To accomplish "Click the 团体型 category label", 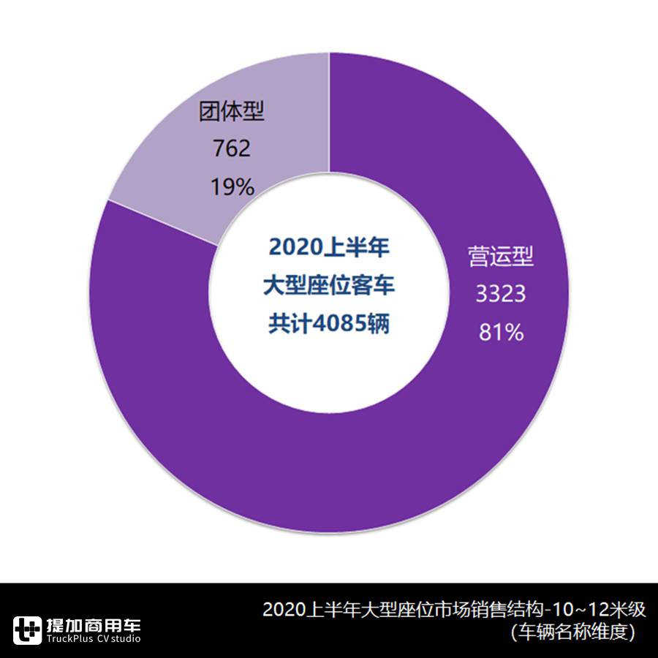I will click(232, 112).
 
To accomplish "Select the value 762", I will click(232, 149).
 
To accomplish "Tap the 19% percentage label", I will click(232, 187).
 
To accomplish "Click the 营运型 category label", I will click(501, 257).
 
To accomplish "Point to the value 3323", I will click(501, 294).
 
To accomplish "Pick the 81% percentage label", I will click(501, 333).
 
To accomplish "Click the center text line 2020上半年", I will click(329, 247).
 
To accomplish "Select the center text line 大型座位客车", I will click(329, 286).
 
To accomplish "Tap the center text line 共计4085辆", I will click(329, 325).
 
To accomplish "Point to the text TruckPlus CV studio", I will click(93, 640).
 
